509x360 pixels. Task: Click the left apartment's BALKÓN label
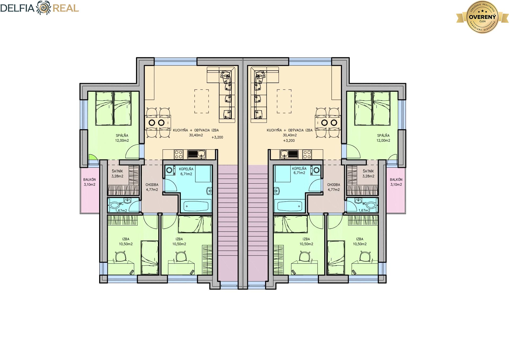point(89,180)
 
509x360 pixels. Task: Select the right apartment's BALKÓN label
point(396,180)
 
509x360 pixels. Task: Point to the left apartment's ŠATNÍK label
point(117,171)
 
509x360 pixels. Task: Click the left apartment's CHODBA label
point(152,185)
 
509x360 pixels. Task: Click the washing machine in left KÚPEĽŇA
point(169,170)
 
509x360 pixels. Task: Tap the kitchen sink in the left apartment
point(196,154)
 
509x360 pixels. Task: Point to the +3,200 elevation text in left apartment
point(217,137)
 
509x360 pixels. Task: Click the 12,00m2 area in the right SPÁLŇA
point(383,141)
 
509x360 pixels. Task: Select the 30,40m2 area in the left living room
point(196,135)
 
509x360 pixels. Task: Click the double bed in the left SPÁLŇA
point(113,109)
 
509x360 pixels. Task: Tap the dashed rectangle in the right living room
point(284,101)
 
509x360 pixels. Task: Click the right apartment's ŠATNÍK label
point(368,171)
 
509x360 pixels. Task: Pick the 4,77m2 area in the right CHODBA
point(334,190)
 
